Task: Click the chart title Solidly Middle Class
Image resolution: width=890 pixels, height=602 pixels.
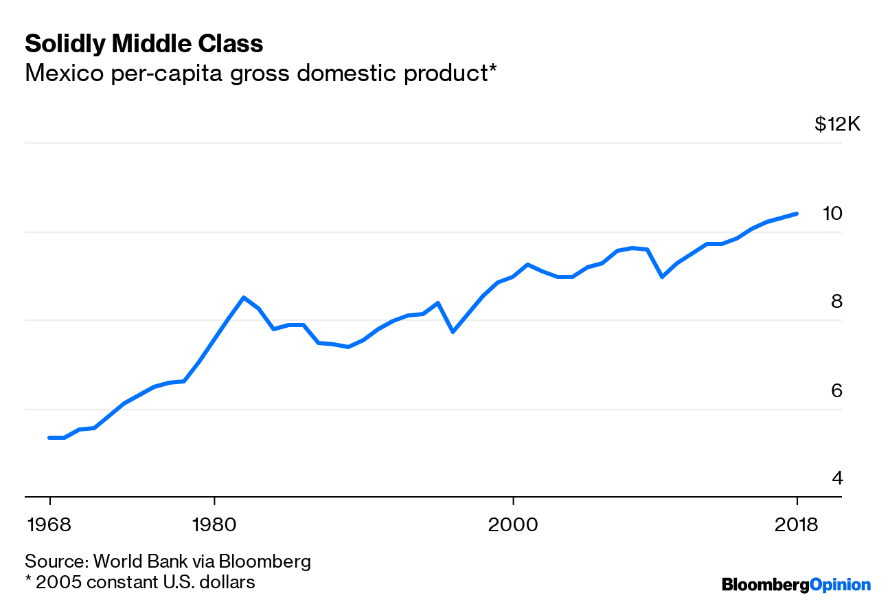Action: (144, 44)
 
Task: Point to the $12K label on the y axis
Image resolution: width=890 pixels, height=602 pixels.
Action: (837, 124)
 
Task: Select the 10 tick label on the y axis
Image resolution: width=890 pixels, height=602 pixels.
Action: (832, 214)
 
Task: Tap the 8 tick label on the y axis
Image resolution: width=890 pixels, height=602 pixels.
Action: (836, 302)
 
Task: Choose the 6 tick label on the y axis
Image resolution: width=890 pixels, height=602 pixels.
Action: (836, 390)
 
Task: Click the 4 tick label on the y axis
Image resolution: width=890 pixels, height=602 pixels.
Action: (836, 478)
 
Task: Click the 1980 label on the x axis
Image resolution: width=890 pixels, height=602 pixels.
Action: (214, 525)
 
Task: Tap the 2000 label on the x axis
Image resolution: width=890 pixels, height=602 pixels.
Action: (513, 525)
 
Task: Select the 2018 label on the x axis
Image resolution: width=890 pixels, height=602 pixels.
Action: (797, 525)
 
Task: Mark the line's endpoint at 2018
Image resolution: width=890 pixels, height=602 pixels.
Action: (797, 214)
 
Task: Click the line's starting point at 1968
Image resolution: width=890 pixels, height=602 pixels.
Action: (49, 438)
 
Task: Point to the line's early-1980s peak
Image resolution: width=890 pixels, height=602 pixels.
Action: (243, 298)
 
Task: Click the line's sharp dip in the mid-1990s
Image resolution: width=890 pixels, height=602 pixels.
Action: (453, 332)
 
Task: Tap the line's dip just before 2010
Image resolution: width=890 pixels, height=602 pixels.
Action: (661, 277)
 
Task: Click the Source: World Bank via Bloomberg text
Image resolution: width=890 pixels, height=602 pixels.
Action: (168, 561)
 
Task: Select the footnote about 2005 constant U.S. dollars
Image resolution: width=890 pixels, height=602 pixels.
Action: (139, 582)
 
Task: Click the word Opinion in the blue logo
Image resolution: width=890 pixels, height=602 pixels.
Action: (841, 585)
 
